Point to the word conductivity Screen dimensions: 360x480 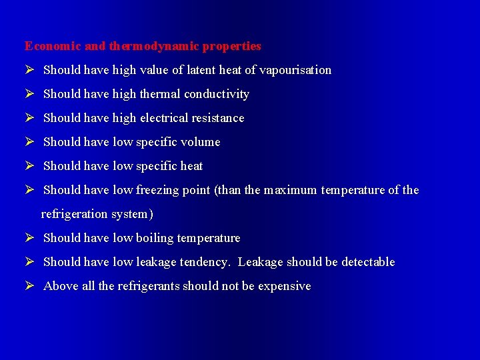pyautogui.click(x=217, y=94)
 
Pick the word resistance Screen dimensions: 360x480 pyautogui.click(x=219, y=118)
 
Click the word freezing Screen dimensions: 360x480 pyautogui.click(x=157, y=190)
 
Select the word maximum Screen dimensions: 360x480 pyautogui.click(x=291, y=190)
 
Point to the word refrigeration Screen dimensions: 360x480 pyautogui.click(x=74, y=214)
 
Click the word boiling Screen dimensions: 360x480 pyautogui.click(x=155, y=238)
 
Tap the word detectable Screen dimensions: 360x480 pyautogui.click(x=368, y=262)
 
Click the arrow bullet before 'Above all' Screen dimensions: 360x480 pyautogui.click(x=29, y=286)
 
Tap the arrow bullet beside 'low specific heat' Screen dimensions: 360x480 pyautogui.click(x=29, y=166)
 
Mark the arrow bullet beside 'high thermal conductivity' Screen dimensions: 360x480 pyautogui.click(x=29, y=94)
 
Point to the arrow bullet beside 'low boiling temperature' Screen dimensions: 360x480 pyautogui.click(x=29, y=238)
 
